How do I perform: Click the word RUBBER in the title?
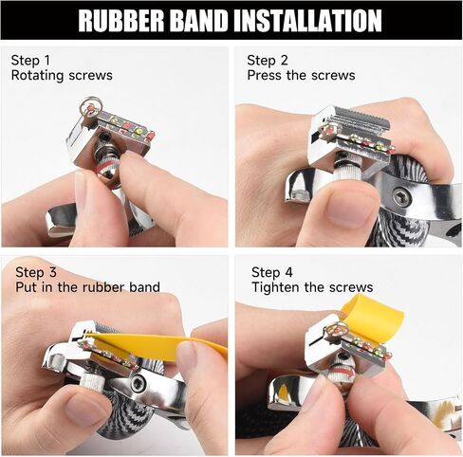point(121,20)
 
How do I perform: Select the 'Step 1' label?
point(30,60)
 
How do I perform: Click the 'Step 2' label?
point(268,60)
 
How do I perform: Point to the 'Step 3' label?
point(36,272)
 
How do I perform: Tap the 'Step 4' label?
point(272,272)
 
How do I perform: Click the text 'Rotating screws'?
point(62,76)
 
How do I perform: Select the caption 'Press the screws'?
point(301,76)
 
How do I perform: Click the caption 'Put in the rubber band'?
point(87,287)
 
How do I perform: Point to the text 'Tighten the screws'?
point(312,287)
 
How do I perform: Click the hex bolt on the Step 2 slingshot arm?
point(400,197)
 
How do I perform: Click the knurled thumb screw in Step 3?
point(92,382)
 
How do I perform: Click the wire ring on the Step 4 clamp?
point(338,330)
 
